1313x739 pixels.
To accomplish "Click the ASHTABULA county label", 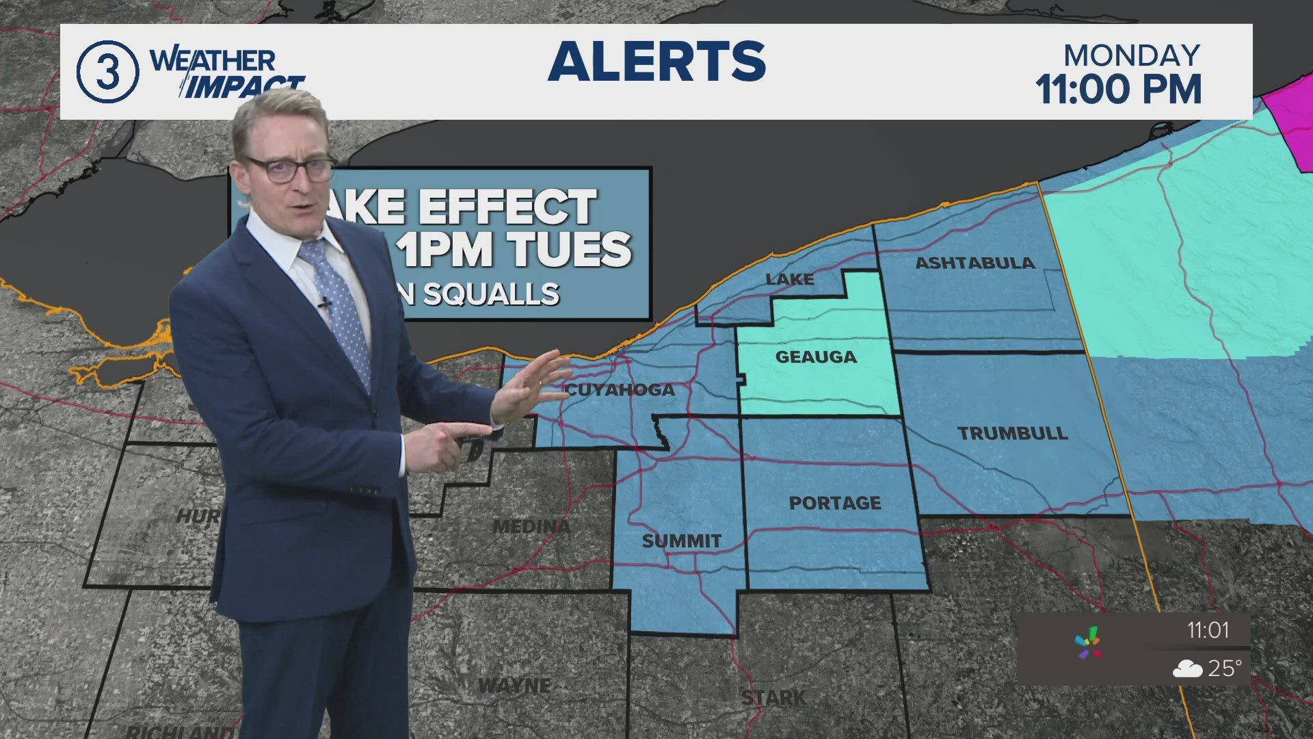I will [974, 263].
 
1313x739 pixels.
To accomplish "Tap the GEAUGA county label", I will [816, 356].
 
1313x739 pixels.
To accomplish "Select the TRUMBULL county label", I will [1012, 433].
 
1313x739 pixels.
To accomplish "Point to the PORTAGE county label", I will [835, 503].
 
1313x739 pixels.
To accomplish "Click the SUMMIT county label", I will [681, 541].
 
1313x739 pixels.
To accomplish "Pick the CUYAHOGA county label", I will [620, 390].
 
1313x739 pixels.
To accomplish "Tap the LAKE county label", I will [790, 279].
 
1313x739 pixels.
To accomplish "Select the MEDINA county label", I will [531, 527].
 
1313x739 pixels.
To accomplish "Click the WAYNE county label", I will [514, 685].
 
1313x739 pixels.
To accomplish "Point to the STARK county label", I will [773, 698].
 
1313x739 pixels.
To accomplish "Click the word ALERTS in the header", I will [656, 62].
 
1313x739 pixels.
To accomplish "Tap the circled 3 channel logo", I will [107, 72].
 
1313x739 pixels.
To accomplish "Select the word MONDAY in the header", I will [1132, 55].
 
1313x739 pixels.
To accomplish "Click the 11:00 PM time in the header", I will [1119, 90].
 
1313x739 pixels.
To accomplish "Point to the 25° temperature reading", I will [1225, 668].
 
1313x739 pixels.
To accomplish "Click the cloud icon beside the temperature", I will [1187, 669].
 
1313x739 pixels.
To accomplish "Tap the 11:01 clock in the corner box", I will [1208, 630].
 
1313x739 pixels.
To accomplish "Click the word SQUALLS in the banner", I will [491, 294].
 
